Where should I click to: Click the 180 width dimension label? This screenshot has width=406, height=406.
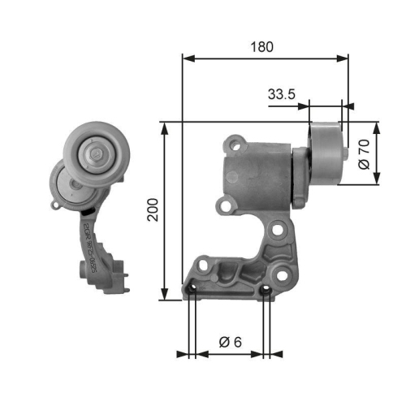coord(261,46)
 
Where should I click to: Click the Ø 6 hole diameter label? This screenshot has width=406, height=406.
coord(229,343)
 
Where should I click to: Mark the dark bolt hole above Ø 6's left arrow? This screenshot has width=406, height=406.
coord(192,291)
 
